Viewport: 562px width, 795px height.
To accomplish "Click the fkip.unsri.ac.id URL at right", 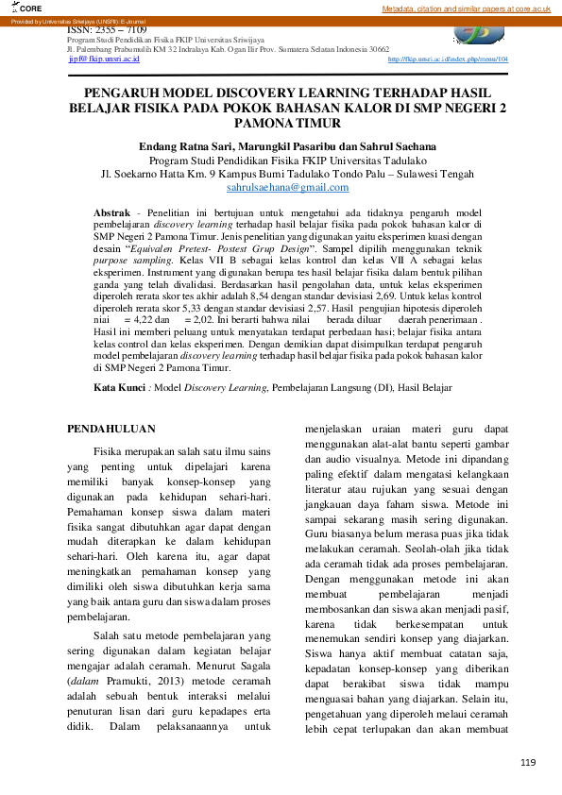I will coord(448,59).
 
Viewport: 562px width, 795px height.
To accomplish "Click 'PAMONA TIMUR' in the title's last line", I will coord(281,124).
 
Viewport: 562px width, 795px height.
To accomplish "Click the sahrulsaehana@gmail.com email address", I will coord(281,188).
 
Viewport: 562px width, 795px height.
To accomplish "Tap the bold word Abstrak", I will coord(111,215).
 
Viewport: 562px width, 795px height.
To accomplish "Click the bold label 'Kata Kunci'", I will coord(119,387).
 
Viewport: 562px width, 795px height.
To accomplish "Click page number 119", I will coord(527,762).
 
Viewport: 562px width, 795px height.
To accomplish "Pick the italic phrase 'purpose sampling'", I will coord(129,258).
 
